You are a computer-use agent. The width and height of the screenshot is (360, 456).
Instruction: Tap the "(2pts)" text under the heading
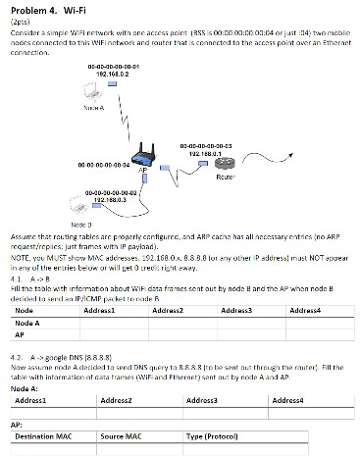17,20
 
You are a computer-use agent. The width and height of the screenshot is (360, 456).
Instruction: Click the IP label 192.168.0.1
205,153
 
